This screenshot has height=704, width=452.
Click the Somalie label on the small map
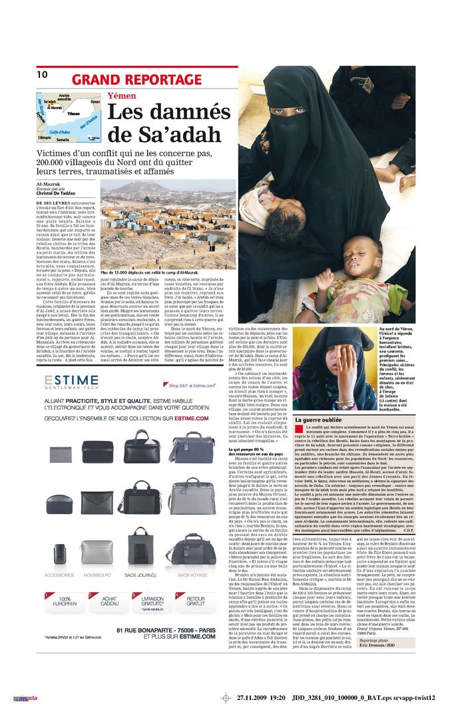click(63, 140)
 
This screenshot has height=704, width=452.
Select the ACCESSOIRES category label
click(59, 574)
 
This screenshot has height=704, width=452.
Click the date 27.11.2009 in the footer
click(256, 697)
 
